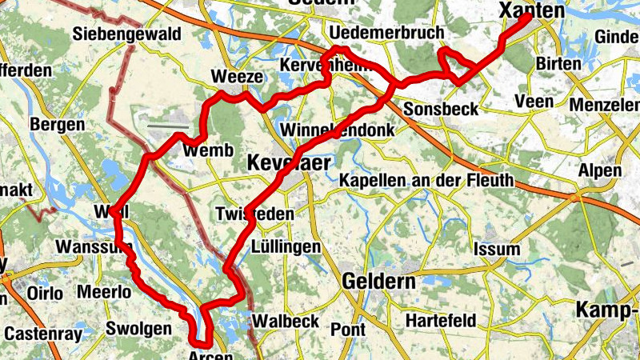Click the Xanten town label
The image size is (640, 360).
click(x=531, y=10)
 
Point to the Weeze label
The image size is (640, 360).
click(x=236, y=77)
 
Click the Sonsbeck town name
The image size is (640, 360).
click(x=441, y=109)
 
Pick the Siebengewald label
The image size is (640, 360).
click(x=126, y=34)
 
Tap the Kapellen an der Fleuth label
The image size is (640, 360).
click(x=426, y=180)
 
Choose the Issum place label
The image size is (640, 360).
click(x=497, y=249)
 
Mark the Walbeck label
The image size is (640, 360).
click(x=286, y=322)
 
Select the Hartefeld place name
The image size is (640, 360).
click(x=441, y=321)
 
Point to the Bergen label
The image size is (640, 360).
click(x=57, y=125)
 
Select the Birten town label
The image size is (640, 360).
click(x=560, y=64)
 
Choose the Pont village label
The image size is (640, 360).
click(x=348, y=329)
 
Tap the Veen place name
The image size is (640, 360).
click(x=535, y=102)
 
